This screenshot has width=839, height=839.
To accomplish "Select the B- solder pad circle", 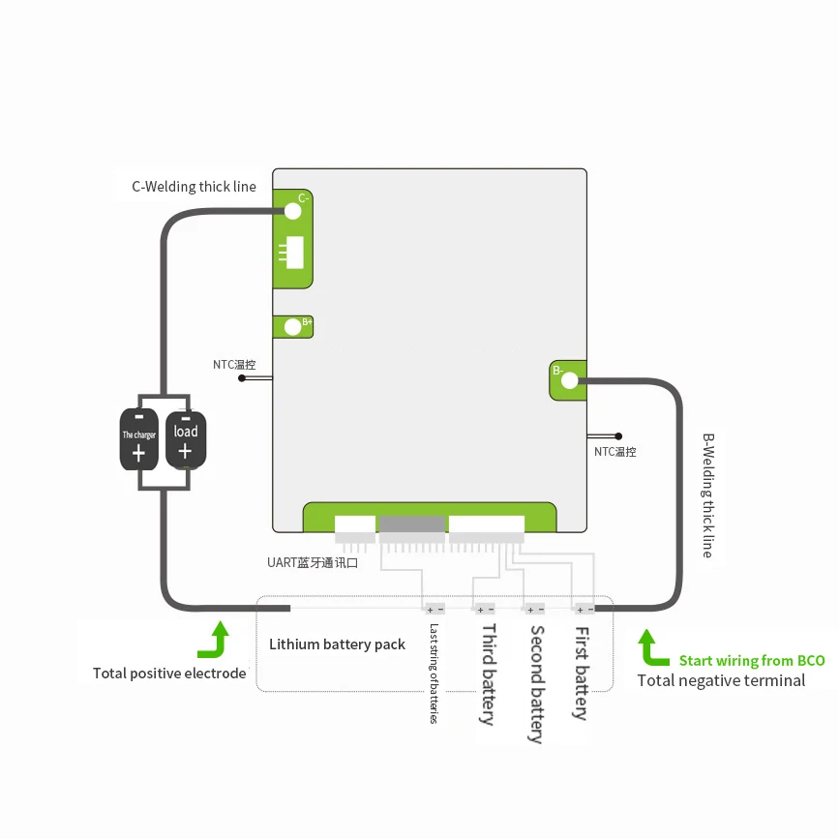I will tap(569, 381).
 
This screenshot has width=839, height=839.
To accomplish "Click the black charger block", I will tap(139, 439).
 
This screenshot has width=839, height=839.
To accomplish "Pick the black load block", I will tap(185, 439).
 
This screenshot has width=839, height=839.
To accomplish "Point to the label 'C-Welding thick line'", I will tap(194, 186).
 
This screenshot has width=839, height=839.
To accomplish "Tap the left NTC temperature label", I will tap(234, 365).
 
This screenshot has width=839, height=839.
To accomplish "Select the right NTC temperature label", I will tap(614, 451).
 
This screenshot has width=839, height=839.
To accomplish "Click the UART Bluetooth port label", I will tap(313, 562).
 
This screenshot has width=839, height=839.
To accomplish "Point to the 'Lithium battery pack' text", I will tap(337, 644).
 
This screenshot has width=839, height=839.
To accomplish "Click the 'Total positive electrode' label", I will tap(169, 673).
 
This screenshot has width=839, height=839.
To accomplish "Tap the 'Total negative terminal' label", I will tap(721, 680).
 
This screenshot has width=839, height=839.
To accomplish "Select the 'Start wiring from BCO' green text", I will tap(752, 660).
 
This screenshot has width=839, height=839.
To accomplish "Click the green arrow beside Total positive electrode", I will tap(215, 640).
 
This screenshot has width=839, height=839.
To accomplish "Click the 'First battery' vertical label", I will tap(582, 673).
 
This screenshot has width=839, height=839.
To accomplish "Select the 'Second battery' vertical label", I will tap(536, 683).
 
